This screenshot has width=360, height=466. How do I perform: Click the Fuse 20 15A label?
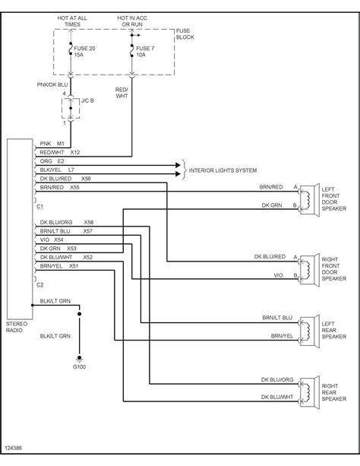(84, 52)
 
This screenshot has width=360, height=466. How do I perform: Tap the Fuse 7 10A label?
(145, 52)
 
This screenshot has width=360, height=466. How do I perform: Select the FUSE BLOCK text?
(185, 34)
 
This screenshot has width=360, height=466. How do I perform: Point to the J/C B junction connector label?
(87, 101)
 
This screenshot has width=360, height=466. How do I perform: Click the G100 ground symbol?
(79, 359)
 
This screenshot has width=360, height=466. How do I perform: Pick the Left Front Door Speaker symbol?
(309, 200)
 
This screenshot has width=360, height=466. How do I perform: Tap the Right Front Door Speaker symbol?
(309, 270)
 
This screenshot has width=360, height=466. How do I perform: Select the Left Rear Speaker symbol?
(309, 331)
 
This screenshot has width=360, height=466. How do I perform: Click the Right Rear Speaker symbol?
(309, 392)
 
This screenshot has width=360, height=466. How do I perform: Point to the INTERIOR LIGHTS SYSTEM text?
(223, 170)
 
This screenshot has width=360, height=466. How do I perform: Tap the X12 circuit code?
(75, 153)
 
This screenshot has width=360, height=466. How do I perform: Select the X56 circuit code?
(86, 179)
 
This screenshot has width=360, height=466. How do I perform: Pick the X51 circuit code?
(74, 266)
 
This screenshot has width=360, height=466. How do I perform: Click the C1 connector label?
(39, 206)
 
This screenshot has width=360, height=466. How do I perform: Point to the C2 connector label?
(39, 285)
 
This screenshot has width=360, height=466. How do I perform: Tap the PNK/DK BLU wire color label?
(52, 84)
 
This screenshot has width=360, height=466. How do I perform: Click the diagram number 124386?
(14, 448)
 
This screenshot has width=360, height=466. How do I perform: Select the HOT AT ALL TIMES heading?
(72, 21)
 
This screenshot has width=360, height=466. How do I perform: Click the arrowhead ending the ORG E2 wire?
(178, 165)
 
